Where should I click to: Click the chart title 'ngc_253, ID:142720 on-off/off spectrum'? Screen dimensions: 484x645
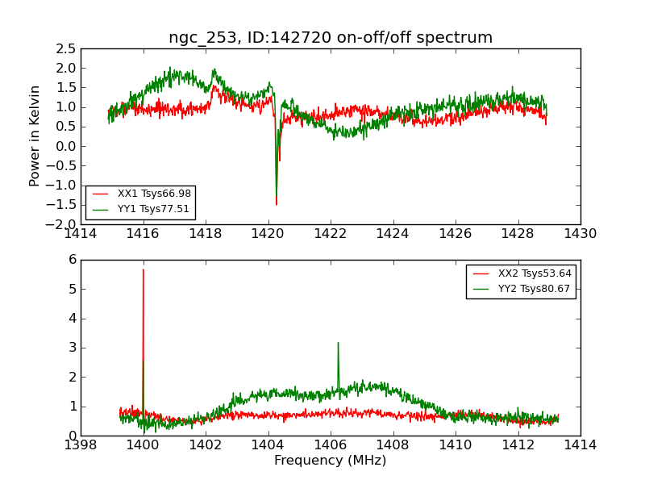(331, 37)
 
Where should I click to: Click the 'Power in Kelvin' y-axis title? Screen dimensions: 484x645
(35, 136)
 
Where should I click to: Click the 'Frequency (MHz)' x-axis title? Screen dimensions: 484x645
(330, 461)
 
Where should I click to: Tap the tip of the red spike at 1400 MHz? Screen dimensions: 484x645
(144, 269)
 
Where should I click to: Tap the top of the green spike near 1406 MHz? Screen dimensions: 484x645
(338, 343)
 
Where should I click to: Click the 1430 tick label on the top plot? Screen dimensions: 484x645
(580, 234)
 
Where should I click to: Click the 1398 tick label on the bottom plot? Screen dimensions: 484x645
(81, 445)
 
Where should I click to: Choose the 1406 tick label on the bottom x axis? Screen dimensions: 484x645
(330, 445)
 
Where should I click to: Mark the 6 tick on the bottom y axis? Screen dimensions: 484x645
(72, 260)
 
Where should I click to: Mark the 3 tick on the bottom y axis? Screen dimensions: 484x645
(72, 348)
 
